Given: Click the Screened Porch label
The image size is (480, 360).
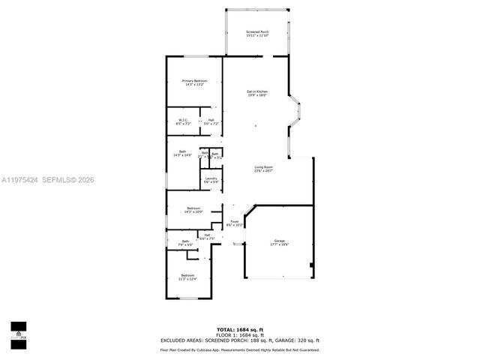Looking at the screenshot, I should [x=257, y=34].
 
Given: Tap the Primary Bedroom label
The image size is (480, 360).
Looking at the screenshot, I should [x=194, y=82].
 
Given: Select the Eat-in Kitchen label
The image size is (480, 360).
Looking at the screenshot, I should [x=257, y=94].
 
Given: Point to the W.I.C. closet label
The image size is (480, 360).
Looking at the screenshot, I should [x=183, y=121].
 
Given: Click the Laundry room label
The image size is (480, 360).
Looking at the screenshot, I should [x=211, y=180].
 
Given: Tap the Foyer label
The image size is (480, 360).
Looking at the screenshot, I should [x=234, y=223].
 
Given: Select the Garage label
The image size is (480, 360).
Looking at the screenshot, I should [x=278, y=242].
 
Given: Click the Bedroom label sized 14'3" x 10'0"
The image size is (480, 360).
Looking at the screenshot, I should [x=193, y=210].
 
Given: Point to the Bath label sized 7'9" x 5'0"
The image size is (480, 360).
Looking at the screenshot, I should [x=184, y=243].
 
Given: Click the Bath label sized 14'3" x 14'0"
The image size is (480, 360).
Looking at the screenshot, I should [x=182, y=153].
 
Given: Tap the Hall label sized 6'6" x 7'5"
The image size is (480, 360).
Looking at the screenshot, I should [x=207, y=237].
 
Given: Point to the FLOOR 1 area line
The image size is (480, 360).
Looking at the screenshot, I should [x=239, y=335].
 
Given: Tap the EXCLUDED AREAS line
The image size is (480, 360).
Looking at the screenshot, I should [x=239, y=340].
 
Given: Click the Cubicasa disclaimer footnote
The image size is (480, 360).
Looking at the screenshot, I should [x=239, y=349].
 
